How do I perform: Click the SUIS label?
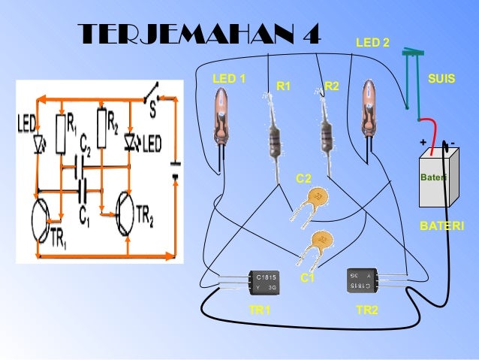point(441,78)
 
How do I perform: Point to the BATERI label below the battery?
point(441,225)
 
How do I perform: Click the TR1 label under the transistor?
point(260,310)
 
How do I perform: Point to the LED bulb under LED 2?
point(369,107)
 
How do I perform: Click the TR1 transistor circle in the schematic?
point(46,218)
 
